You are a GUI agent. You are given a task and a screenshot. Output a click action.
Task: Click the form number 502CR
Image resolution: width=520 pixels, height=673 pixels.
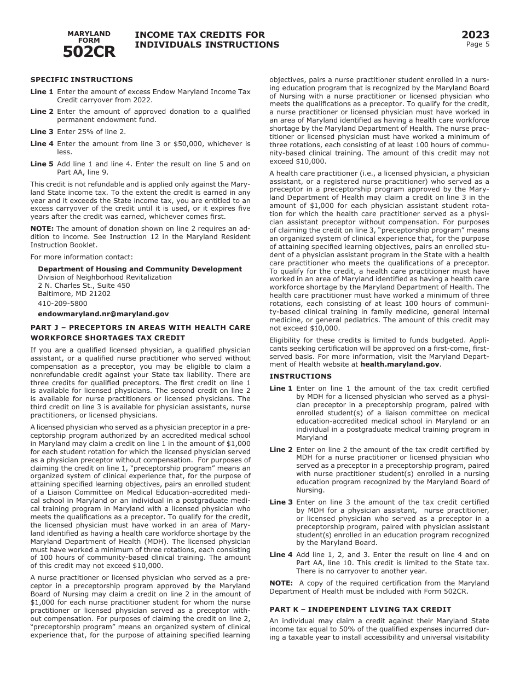(x=89, y=52)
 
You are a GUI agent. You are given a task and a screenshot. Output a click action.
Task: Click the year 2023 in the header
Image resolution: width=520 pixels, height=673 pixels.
(x=475, y=36)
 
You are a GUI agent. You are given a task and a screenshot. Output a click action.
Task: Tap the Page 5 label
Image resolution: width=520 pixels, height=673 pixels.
(x=477, y=45)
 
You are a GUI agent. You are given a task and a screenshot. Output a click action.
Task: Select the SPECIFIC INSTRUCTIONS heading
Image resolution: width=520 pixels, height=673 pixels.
(x=82, y=80)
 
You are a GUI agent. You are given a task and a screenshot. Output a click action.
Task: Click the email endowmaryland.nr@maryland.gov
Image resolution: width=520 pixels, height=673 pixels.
(x=103, y=314)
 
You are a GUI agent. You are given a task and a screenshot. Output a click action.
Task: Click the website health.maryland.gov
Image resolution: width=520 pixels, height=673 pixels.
(x=400, y=364)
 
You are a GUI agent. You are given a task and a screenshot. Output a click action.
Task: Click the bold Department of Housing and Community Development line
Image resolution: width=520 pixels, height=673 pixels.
(x=140, y=269)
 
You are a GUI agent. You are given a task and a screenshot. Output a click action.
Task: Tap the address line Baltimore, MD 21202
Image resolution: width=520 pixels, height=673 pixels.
(x=74, y=294)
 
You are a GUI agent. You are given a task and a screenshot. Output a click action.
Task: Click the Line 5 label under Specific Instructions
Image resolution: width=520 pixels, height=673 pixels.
(x=42, y=164)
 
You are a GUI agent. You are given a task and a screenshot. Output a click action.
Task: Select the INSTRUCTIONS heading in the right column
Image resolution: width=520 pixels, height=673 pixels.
(x=300, y=376)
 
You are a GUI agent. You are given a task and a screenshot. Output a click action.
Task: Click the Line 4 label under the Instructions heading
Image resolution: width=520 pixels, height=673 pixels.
(x=281, y=555)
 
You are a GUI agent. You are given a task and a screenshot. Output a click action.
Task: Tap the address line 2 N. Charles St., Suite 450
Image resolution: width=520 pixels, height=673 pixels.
(x=84, y=286)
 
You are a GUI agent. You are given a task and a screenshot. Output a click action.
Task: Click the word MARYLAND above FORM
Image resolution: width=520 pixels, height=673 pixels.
(x=89, y=34)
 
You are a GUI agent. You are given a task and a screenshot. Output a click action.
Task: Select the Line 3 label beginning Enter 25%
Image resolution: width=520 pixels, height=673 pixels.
(x=42, y=132)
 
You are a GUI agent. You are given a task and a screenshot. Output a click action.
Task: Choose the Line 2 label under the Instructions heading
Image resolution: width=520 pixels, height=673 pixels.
(x=281, y=450)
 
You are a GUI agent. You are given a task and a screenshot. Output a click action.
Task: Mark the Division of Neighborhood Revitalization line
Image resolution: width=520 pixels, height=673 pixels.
(x=105, y=277)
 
